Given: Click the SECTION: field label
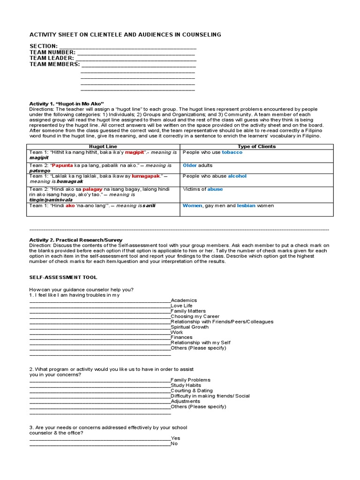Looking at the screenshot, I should point(44,46).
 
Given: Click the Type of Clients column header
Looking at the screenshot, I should point(256,147).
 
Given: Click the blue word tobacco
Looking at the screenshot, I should point(232,152).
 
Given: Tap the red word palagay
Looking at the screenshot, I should point(92,189).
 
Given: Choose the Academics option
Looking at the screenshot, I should point(184,300).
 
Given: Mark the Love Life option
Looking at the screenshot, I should point(181,306).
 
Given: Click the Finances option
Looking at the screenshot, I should point(181,337).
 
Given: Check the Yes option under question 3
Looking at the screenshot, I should point(175,438).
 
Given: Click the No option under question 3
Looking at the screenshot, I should point(174,443).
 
